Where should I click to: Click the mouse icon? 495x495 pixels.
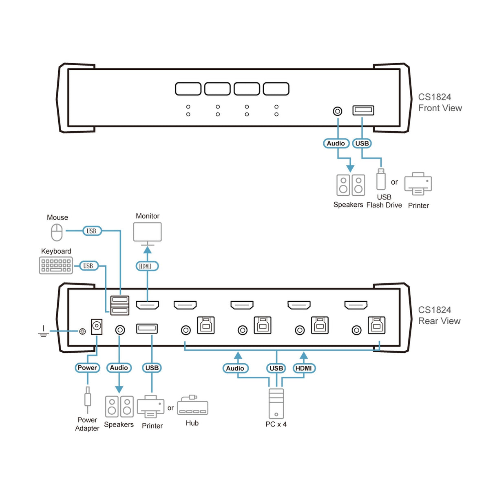point(57,232)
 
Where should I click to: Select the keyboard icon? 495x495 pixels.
point(56,265)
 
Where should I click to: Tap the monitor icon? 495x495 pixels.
point(148,232)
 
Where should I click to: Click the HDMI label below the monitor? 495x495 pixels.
point(147,266)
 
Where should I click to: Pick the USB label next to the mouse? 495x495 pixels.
point(91,231)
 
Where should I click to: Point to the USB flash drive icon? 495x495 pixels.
point(381,179)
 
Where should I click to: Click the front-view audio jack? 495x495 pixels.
point(338,111)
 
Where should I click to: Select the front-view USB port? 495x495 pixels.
point(363,110)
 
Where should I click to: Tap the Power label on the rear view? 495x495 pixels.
point(87,368)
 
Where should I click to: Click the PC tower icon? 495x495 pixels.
point(276,403)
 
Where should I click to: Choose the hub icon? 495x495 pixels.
point(192,406)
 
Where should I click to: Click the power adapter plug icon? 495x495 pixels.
point(87,398)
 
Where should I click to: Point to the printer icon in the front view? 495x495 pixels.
point(418,184)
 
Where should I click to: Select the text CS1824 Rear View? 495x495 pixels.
point(439,316)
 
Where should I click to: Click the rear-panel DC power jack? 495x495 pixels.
point(97,327)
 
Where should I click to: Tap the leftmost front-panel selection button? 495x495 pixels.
point(188,89)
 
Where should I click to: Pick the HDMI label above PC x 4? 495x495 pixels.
point(304,368)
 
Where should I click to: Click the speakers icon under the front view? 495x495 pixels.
point(350,185)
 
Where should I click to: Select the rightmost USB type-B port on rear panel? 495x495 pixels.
point(376,325)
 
